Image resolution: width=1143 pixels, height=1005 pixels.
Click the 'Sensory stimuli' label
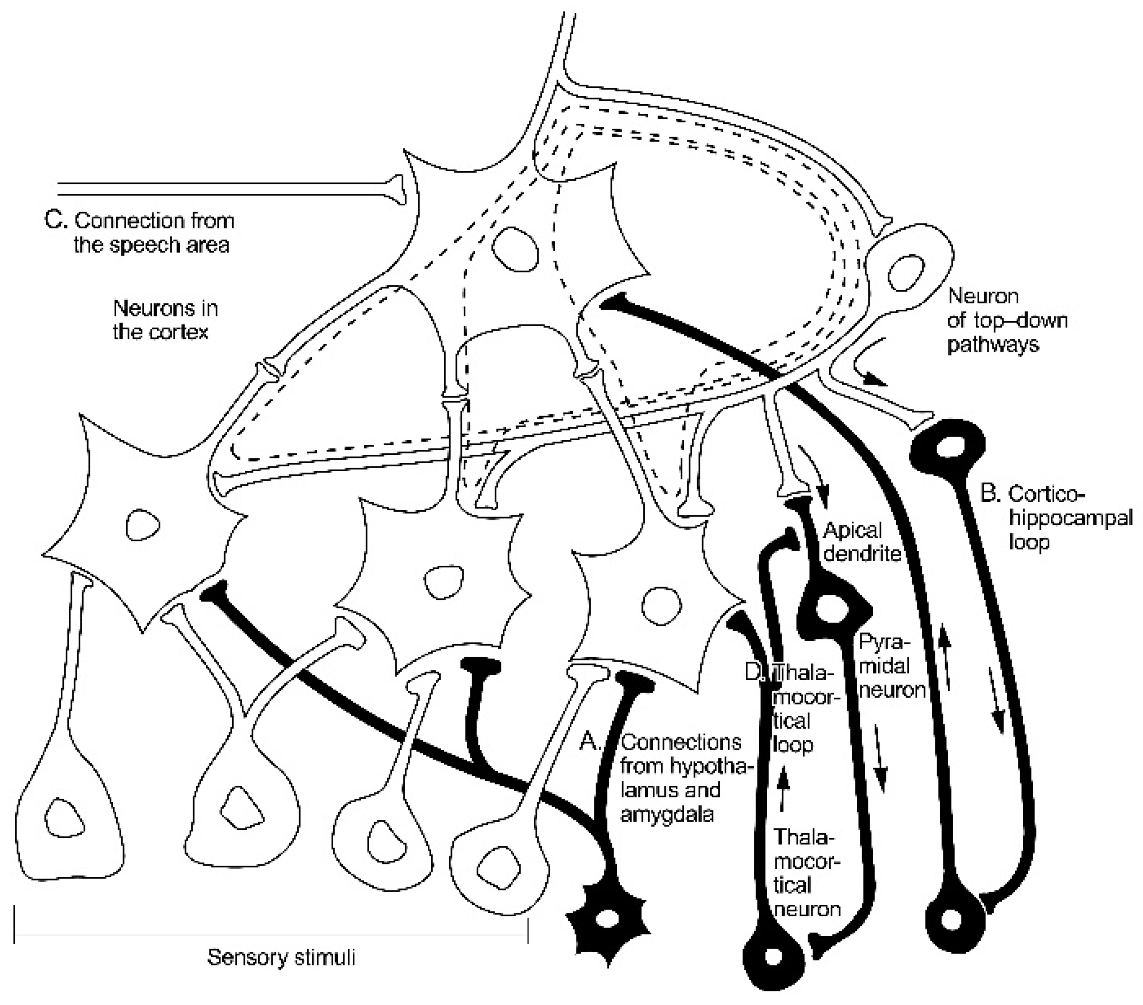[281, 958]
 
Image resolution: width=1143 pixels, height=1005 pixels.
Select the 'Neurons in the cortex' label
[165, 320]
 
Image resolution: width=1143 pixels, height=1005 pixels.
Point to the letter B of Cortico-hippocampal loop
[990, 493]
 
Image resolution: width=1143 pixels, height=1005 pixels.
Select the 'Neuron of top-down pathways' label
[1006, 320]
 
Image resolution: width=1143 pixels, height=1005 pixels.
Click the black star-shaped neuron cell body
[608, 919]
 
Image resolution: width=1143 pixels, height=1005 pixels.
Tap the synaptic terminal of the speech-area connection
[396, 189]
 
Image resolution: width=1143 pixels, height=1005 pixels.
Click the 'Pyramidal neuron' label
[891, 666]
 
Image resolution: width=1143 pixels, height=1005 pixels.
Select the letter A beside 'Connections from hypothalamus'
[589, 741]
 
